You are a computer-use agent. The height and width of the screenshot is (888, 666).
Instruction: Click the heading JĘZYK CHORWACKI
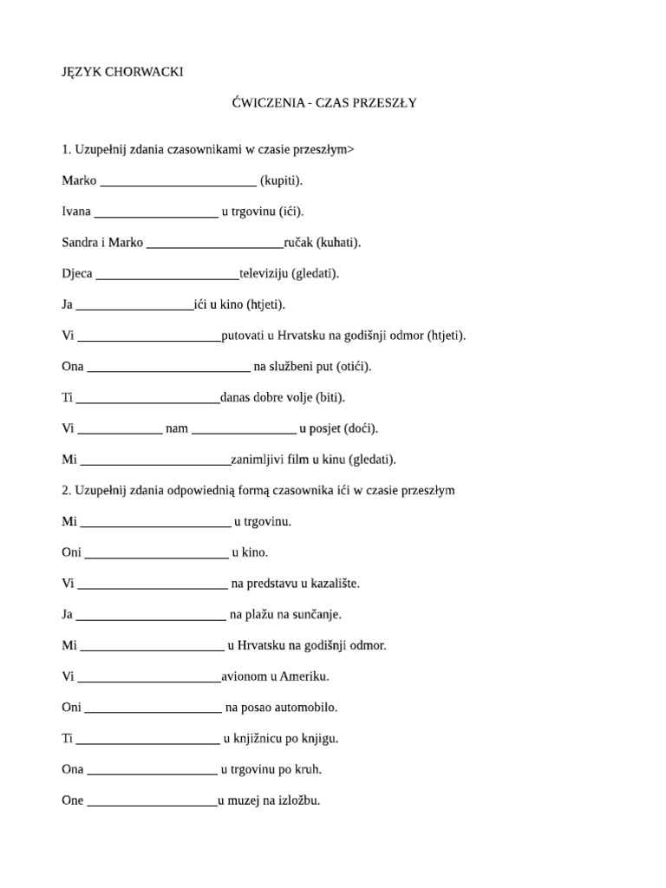click(122, 72)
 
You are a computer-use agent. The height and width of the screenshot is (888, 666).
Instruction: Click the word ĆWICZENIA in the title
click(264, 102)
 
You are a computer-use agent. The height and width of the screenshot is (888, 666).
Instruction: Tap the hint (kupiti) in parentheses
click(282, 180)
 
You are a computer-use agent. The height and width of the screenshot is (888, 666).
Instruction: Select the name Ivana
click(76, 212)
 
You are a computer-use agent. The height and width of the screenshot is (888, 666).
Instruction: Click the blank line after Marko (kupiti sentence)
click(178, 182)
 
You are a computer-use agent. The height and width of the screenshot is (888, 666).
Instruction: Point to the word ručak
click(299, 243)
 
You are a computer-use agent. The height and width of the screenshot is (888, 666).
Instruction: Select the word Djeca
click(77, 274)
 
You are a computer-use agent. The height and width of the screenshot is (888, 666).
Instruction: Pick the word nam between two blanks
click(176, 428)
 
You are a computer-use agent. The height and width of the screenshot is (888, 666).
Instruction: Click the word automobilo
click(297, 708)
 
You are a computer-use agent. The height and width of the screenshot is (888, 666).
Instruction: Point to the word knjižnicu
click(263, 739)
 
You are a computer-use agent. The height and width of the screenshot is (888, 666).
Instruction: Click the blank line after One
click(152, 802)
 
